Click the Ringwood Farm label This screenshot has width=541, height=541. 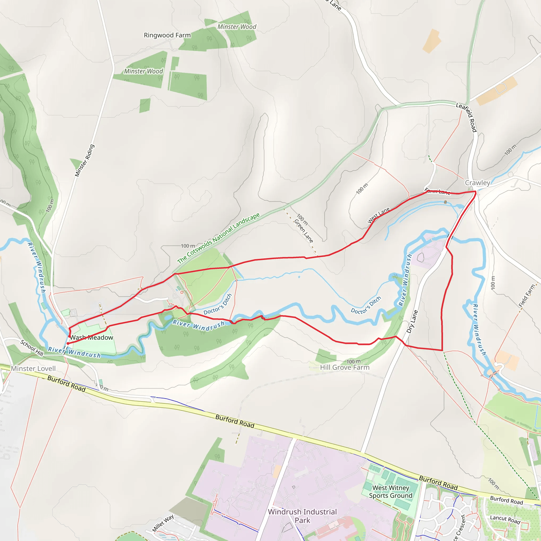tap(167, 35)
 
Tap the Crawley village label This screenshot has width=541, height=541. tap(477, 183)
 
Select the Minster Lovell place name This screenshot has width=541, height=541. tap(33, 369)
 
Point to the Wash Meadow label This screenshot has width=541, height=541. tap(92, 338)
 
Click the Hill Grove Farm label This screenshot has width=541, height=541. tap(345, 367)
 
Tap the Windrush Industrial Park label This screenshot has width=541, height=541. tap(302, 516)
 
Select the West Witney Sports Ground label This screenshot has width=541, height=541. tap(391, 491)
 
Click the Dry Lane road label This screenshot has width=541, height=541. tap(412, 322)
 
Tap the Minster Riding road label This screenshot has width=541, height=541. tap(85, 160)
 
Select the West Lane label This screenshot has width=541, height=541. tap(379, 215)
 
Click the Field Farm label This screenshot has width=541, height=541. tap(527, 296)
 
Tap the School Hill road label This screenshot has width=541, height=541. tap(32, 348)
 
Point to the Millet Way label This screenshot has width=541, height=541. tap(163, 523)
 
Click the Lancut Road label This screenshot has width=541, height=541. tap(505, 520)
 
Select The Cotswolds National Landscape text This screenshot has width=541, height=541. tap(218, 238)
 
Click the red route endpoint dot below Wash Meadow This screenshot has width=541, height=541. tap(68, 343)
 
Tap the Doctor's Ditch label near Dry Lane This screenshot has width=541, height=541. tap(366, 305)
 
